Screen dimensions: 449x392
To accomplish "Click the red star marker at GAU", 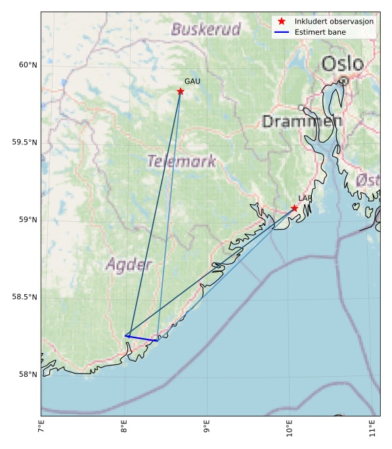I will point(181,91).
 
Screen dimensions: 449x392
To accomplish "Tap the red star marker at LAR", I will point(294,208).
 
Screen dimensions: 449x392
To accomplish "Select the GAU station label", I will point(192,81).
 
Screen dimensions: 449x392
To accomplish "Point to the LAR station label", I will point(305,198).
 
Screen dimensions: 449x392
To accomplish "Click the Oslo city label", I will point(342,64).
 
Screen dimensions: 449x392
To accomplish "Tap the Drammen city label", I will point(301,121).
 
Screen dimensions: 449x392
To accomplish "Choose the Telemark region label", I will point(181,161).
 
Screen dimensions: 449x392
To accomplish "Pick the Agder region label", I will point(129,265).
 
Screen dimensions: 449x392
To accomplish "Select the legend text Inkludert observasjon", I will point(334,22).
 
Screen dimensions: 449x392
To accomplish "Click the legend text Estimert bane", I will point(320,32).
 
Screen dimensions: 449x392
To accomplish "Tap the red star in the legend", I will point(282,22).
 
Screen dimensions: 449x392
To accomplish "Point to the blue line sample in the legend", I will point(282,32).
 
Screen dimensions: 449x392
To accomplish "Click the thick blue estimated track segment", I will point(142,338).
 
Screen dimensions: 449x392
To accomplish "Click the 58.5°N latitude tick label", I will point(24,297).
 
